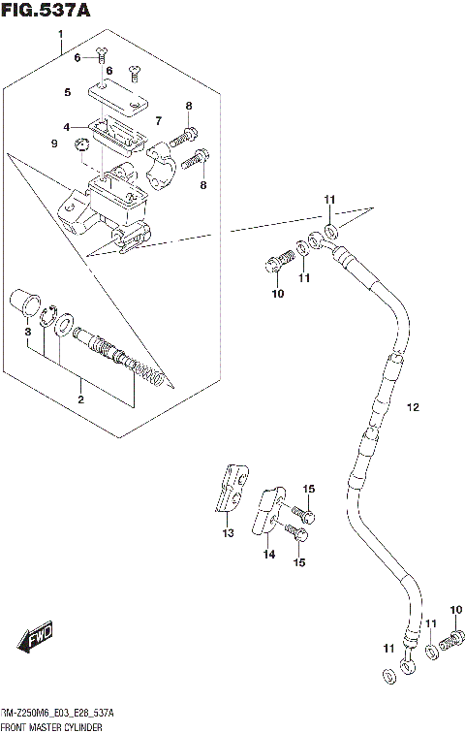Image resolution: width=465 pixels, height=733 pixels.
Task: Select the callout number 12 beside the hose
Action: click(x=412, y=408)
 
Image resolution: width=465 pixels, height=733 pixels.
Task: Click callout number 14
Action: click(x=268, y=554)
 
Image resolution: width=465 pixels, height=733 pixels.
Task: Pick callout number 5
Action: click(x=68, y=92)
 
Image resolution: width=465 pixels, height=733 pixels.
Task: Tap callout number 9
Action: click(x=54, y=143)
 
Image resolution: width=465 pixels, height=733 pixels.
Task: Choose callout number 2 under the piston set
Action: click(x=81, y=399)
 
